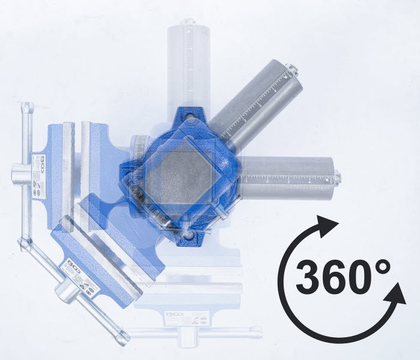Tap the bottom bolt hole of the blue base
189,237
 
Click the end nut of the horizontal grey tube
338,177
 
